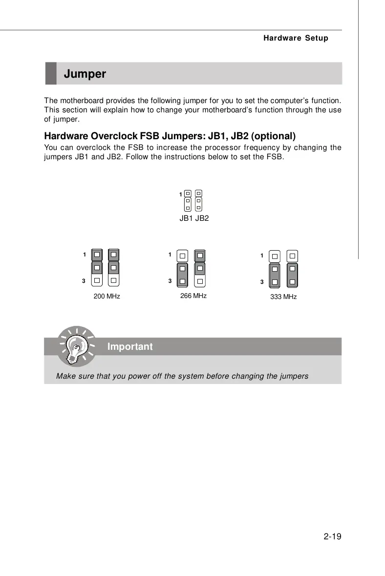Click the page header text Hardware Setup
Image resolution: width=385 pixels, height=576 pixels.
pos(295,38)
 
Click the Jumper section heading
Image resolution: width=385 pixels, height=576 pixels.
pos(85,74)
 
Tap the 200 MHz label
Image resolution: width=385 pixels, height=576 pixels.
pos(107,297)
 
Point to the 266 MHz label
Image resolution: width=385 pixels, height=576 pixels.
pos(193,296)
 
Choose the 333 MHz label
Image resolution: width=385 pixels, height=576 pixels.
pos(283,297)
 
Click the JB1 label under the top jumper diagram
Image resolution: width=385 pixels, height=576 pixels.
pos(186,218)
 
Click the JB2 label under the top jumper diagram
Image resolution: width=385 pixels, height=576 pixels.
pos(202,218)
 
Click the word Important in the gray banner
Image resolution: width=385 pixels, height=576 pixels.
pos(130,347)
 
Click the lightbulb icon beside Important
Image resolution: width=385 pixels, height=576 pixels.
pos(75,347)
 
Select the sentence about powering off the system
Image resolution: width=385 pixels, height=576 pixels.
pos(182,376)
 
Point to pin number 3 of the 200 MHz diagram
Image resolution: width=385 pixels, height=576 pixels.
pos(84,281)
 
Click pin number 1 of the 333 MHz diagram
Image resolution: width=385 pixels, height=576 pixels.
pos(262,255)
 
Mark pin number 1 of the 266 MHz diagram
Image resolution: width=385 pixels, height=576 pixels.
pos(170,254)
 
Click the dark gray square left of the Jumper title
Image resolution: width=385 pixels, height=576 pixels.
pos(51,74)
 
